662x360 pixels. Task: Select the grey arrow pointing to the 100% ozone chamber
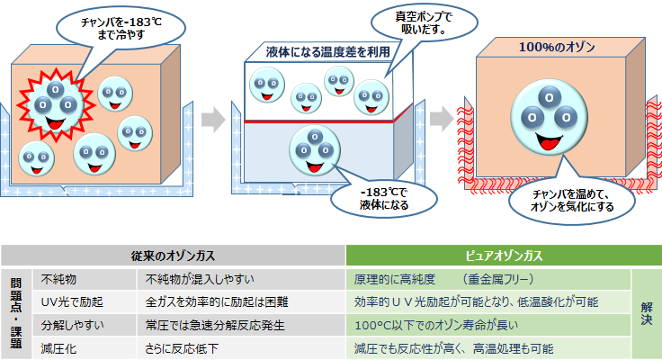tap(441, 118)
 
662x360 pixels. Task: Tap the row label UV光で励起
tap(68, 301)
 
